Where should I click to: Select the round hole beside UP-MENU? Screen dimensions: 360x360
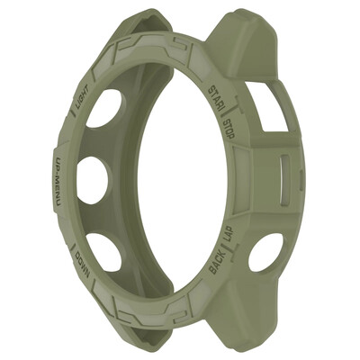[x=91, y=179]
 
